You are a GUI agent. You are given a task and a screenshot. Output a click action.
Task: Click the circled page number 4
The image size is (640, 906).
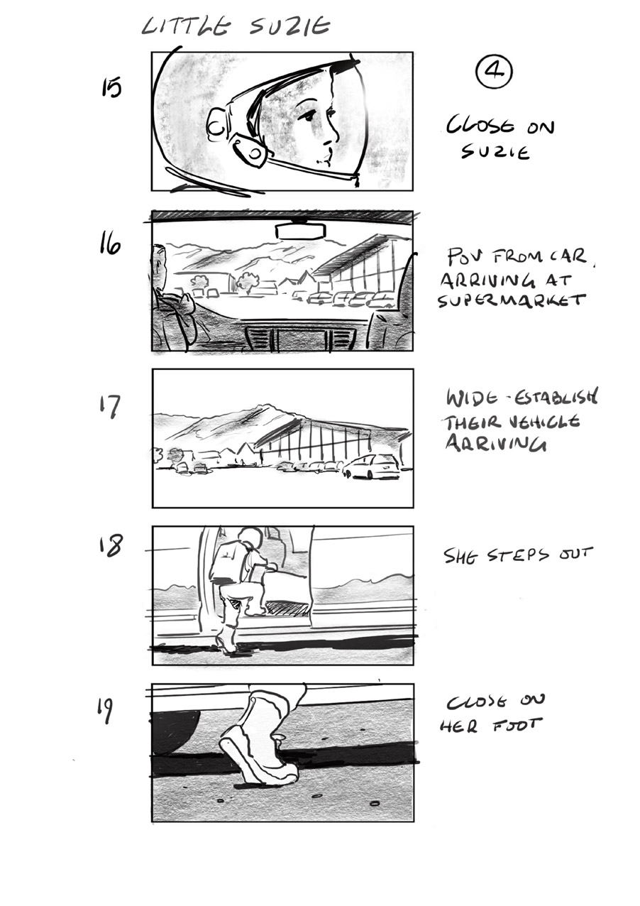493,72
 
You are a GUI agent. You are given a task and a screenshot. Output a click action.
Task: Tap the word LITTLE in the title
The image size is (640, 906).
186,26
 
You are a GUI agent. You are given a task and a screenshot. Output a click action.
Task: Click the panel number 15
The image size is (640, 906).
111,88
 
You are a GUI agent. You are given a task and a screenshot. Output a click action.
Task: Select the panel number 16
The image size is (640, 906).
110,245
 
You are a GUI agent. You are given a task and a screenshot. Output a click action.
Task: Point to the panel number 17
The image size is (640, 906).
110,407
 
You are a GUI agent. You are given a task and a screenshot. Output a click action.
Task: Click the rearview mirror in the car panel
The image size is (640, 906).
301,231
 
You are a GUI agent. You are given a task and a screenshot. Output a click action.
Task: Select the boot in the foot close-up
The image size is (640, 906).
259,746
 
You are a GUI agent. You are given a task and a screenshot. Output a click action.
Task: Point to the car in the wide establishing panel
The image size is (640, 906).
371,466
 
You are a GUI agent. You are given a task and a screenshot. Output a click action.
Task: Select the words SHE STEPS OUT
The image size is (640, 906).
517,555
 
